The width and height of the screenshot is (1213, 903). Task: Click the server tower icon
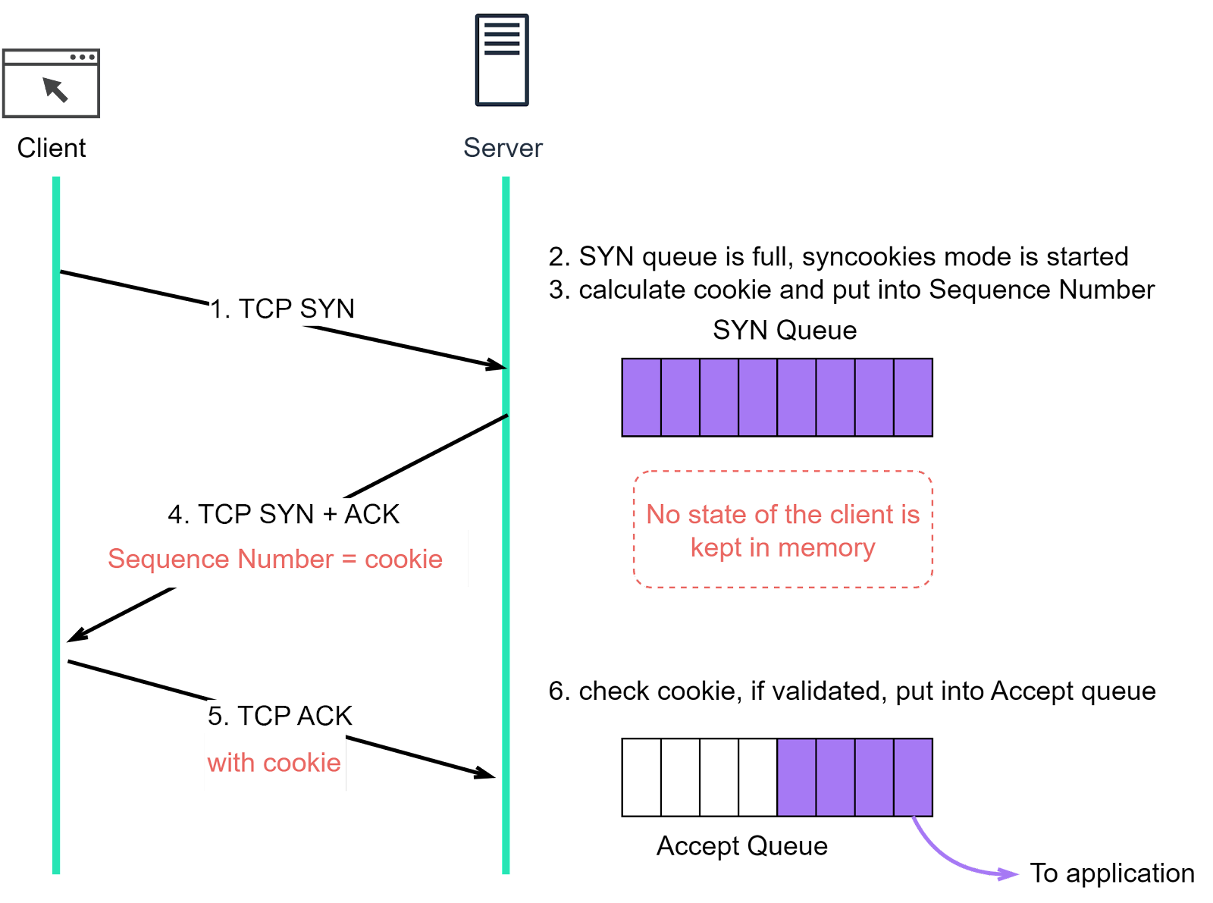pos(502,59)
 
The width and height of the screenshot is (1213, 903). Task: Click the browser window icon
pos(51,83)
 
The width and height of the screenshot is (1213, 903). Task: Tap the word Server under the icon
pos(503,148)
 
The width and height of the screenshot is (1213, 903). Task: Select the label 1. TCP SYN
pos(282,309)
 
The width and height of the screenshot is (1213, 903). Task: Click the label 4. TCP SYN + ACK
pos(284,514)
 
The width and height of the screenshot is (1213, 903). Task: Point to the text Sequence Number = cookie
pos(274,559)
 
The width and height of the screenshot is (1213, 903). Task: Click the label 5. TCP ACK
pos(280,716)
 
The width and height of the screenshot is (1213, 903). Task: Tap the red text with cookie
pos(274,763)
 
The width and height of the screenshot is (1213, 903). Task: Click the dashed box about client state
pos(782,529)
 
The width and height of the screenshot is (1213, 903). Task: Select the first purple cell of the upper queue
pos(641,397)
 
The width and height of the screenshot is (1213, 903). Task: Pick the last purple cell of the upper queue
pos(913,397)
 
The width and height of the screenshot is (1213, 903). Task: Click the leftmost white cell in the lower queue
pos(641,777)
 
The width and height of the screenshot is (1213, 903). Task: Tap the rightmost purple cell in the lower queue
pos(913,777)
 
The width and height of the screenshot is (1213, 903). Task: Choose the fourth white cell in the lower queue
pos(757,777)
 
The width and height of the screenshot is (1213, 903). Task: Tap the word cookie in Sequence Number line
pos(403,559)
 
